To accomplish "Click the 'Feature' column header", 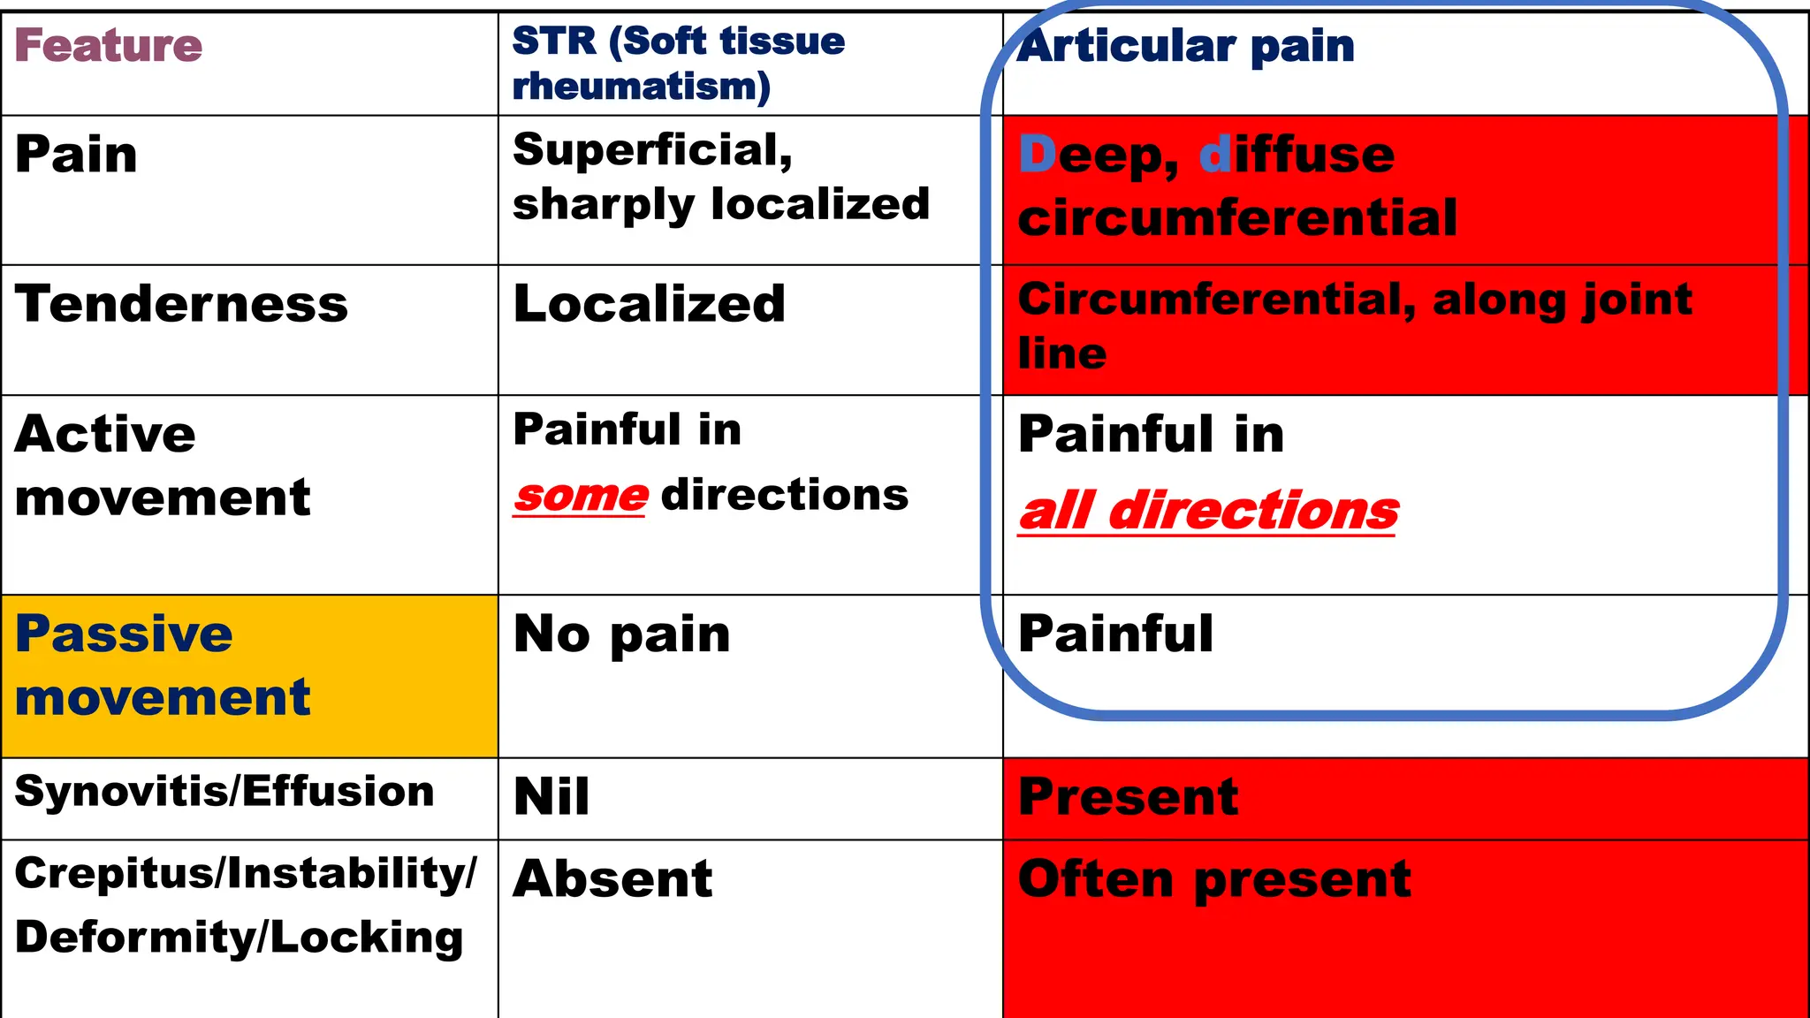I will pos(108,46).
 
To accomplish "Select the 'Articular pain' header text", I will pos(1186,46).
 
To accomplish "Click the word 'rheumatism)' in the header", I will pos(641,87).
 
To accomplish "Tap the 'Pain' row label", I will pos(76,155).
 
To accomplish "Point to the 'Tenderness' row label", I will pos(181,304).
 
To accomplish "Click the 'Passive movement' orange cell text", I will pos(163,665).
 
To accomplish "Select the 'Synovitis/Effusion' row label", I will pos(224,792).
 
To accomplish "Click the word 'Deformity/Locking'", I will pos(239,937).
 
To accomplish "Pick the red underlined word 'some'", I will pos(581,496).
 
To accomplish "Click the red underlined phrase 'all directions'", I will pos(1207,511).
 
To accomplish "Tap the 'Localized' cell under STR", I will pos(649,304).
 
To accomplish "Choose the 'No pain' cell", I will pos(621,634).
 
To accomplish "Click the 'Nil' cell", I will pos(551,796).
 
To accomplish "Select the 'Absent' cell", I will pos(612,878).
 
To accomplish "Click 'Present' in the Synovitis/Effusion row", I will pos(1128,796).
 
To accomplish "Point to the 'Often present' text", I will pos(1213,878).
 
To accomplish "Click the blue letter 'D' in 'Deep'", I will pos(1037,155).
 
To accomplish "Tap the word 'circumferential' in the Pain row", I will pos(1236,218).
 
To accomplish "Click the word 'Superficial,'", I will pos(652,149).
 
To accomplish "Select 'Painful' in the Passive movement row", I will pos(1115,634).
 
